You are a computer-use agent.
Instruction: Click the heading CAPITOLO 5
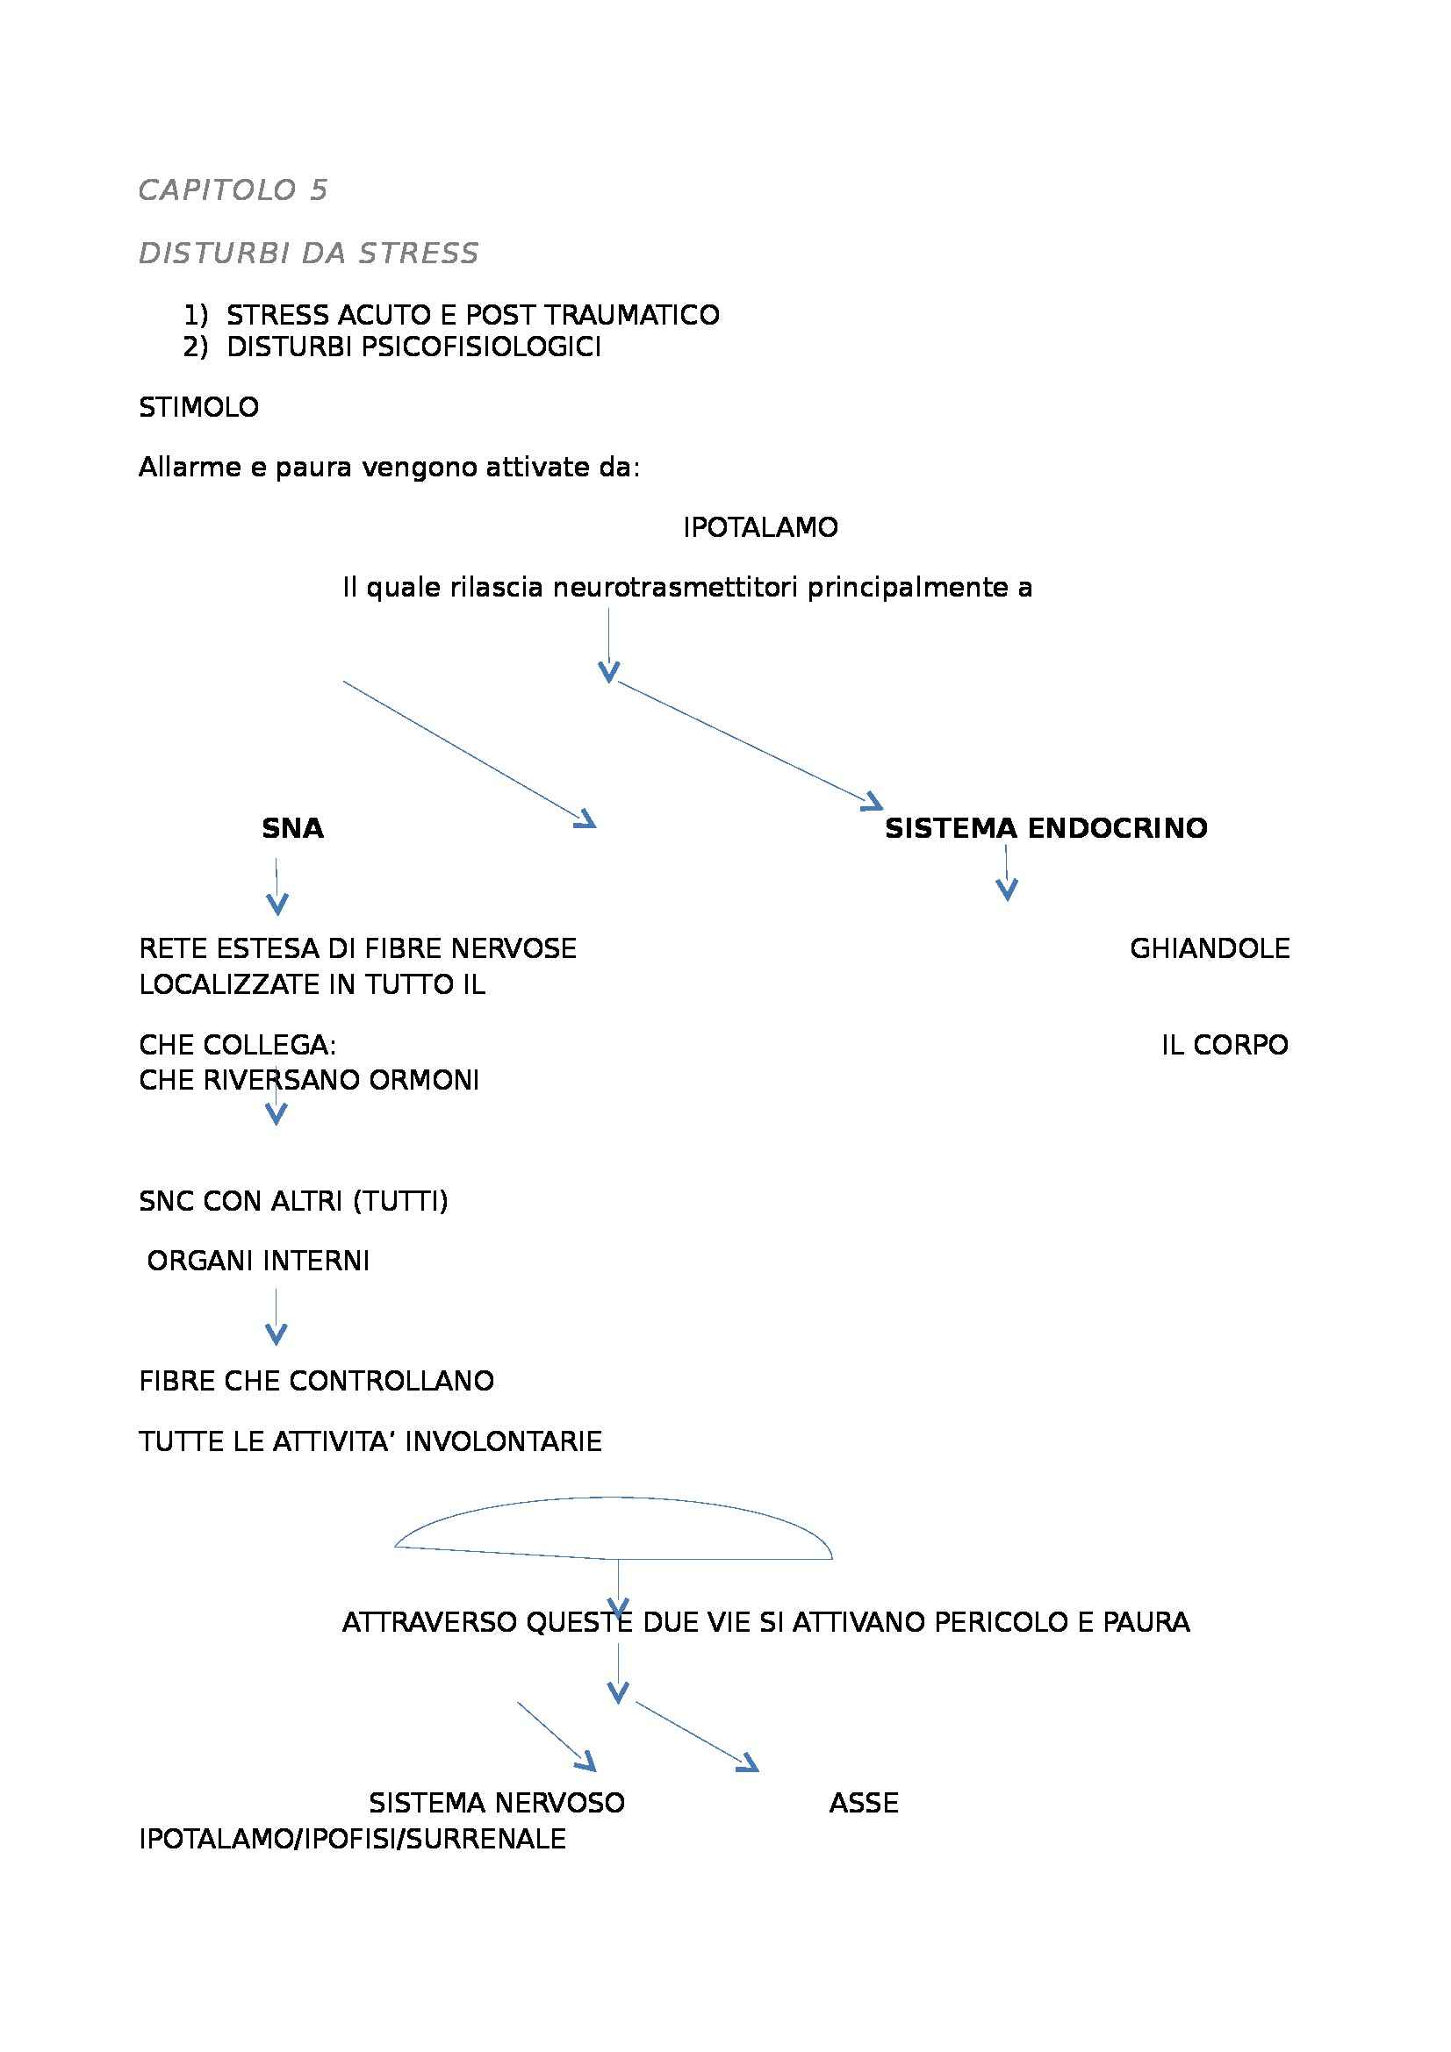tap(233, 189)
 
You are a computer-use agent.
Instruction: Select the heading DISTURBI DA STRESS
tap(308, 254)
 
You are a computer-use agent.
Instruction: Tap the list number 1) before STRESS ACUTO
tap(195, 316)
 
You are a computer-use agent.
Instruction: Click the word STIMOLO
tap(198, 408)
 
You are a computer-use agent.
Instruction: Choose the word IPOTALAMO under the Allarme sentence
tap(760, 528)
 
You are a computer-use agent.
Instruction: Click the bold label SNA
tap(292, 829)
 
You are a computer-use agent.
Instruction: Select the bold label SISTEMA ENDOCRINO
tap(1046, 828)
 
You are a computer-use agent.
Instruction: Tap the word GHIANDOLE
tap(1210, 948)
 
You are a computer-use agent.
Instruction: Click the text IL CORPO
tap(1225, 1045)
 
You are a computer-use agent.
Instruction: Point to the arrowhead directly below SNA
tap(277, 904)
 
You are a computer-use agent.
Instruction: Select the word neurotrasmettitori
tap(677, 588)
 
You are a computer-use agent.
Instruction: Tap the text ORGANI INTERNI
tap(258, 1261)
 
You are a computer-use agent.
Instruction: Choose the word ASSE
tap(864, 1803)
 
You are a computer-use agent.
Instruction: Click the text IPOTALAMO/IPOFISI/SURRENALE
tap(352, 1840)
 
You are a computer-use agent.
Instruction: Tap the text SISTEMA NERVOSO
tap(496, 1803)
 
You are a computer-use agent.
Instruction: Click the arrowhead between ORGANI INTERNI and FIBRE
tap(277, 1334)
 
